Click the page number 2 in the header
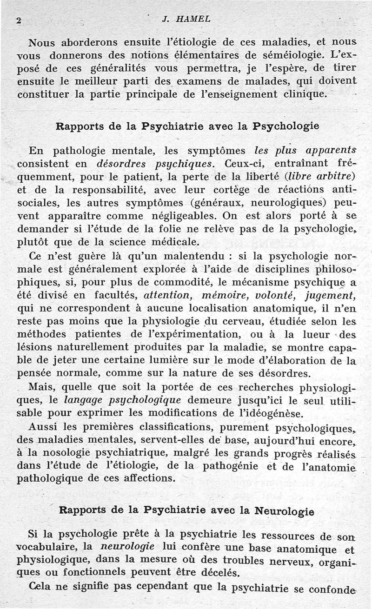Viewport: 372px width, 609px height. (x=19, y=20)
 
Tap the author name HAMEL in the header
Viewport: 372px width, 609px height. (x=193, y=19)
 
